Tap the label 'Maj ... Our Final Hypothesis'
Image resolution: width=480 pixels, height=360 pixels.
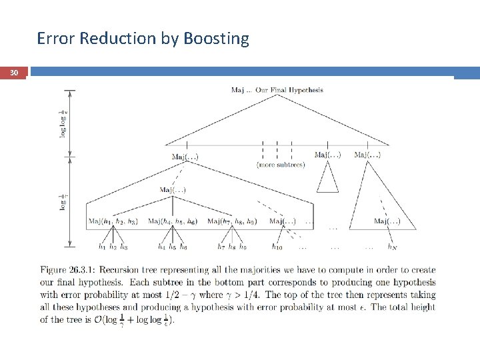tap(277, 90)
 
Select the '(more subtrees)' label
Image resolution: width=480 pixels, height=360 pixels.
tap(280, 165)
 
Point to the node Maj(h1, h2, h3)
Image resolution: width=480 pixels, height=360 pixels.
tap(113, 221)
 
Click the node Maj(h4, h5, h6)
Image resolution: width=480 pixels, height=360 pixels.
tap(173, 221)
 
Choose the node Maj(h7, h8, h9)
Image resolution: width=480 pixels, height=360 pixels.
tap(232, 221)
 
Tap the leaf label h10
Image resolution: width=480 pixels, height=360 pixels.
tap(277, 247)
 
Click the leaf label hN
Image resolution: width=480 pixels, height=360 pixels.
tap(393, 247)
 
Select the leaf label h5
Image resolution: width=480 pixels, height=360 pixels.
tap(173, 247)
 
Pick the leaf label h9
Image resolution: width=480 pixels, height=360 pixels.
tap(243, 247)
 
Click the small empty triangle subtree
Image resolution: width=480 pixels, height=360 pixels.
tap(327, 178)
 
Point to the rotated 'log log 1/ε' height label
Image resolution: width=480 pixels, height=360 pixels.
tap(63, 123)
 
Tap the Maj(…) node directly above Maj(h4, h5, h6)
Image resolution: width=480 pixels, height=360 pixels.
tap(173, 190)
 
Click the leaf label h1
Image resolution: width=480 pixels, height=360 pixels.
tap(102, 247)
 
